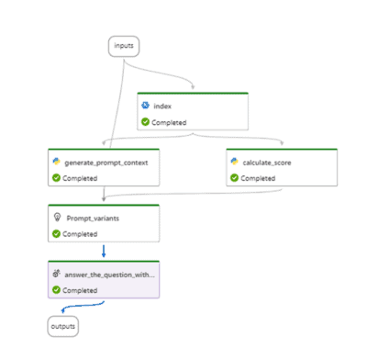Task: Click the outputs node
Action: [x=62, y=325]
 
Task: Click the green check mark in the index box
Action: [x=145, y=122]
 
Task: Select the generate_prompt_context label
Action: [x=103, y=162]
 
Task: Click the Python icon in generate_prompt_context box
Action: [x=56, y=162]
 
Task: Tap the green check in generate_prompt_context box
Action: [x=56, y=177]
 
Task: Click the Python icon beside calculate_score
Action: [x=234, y=162]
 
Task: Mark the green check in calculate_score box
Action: [x=234, y=177]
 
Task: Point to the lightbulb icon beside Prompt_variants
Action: [x=56, y=219]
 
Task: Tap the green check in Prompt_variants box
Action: [x=56, y=233]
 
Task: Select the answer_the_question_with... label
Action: [x=109, y=274]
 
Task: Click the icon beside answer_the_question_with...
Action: [x=56, y=274]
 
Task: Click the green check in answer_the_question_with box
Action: [x=56, y=289]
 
